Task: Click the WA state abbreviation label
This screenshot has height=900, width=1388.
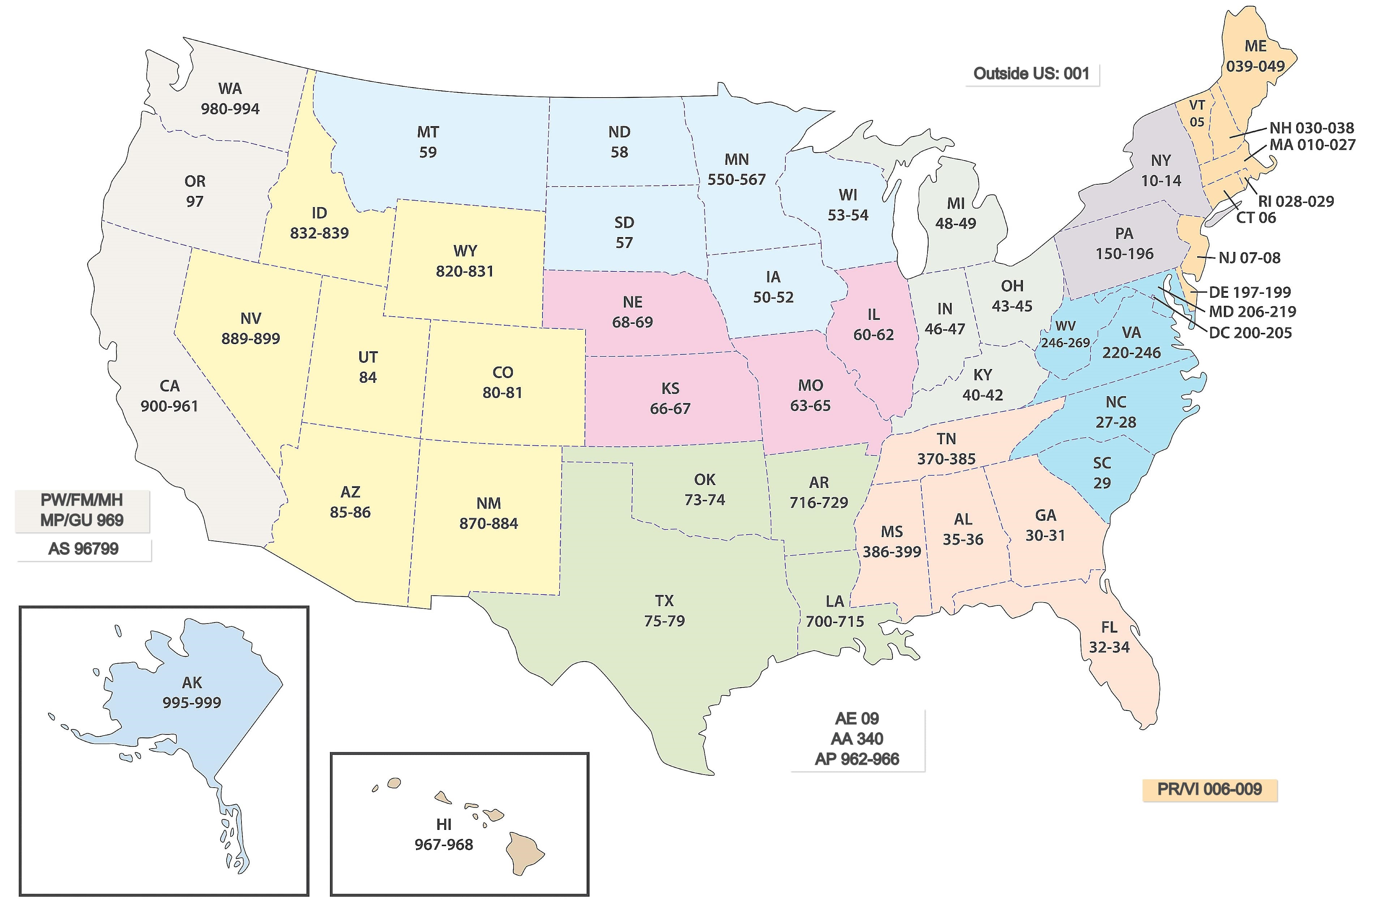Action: click(x=230, y=89)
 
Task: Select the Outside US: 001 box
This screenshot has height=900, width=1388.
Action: click(x=1031, y=74)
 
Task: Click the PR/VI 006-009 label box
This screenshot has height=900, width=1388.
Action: click(x=1209, y=790)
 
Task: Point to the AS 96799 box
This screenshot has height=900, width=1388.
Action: click(x=83, y=549)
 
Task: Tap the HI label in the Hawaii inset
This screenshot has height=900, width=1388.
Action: click(x=444, y=824)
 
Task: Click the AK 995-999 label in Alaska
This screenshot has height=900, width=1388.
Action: click(x=192, y=693)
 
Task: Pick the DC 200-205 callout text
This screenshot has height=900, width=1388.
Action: click(x=1250, y=333)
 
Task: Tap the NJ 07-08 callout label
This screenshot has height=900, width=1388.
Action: click(x=1249, y=258)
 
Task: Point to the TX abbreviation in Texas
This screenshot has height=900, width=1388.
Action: click(x=664, y=601)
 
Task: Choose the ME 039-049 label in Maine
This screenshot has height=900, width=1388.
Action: click(x=1256, y=56)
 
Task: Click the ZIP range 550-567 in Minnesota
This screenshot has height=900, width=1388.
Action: click(x=737, y=180)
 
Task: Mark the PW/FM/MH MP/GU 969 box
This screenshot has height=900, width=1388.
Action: click(x=82, y=510)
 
